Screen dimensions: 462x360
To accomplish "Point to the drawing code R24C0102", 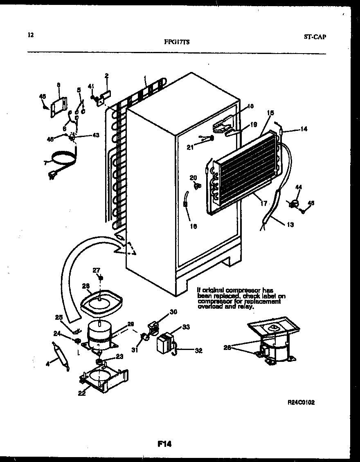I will tap(301, 402).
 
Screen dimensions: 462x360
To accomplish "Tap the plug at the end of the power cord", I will tap(53, 175).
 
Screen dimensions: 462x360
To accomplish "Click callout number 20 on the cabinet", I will tap(193, 177).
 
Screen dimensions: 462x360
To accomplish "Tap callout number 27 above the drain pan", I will tap(96, 270).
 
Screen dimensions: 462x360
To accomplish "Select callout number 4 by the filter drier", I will tap(48, 363).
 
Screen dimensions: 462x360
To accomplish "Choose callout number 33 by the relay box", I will tap(186, 327).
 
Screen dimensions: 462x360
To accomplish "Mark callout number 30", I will tap(173, 312).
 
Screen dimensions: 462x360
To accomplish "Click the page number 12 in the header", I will tap(30, 35).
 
